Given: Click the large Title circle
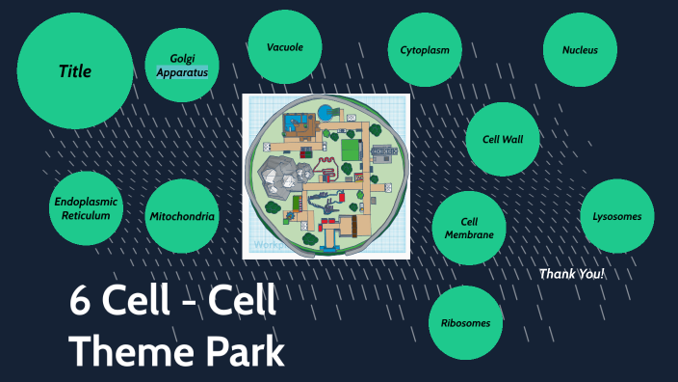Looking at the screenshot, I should [x=74, y=70].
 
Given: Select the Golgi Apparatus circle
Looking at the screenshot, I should [x=182, y=65].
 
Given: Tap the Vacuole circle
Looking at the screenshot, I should [x=284, y=46].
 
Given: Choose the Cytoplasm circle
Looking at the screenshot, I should [x=426, y=50].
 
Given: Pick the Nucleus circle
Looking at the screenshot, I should [x=580, y=50].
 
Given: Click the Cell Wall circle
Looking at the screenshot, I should [x=503, y=139].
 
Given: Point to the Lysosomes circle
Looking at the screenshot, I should [x=617, y=216].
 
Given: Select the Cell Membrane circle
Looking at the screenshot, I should [x=469, y=228].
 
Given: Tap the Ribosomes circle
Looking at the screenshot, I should [x=465, y=323].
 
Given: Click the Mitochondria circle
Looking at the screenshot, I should [x=182, y=216].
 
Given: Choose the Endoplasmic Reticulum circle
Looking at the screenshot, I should [x=88, y=208].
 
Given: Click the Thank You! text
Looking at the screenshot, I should [x=572, y=274].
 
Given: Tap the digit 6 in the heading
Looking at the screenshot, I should [x=80, y=303].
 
